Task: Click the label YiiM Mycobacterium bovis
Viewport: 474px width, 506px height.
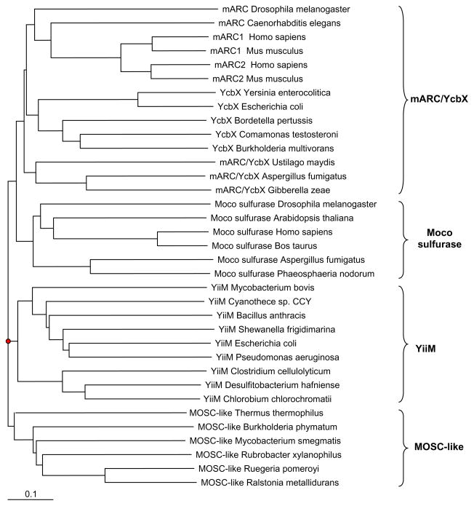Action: [260, 288]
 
